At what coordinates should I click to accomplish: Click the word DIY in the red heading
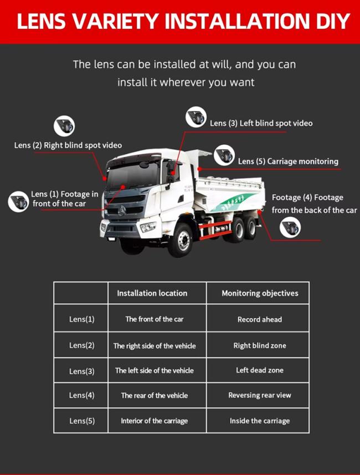[x=328, y=21]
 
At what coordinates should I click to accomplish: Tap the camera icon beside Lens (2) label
[x=64, y=126]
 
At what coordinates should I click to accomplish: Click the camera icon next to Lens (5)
[x=224, y=156]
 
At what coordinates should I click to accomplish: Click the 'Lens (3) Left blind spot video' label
[x=261, y=123]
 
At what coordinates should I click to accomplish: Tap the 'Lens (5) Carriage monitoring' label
[x=288, y=161]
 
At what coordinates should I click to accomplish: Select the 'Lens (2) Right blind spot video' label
[x=68, y=145]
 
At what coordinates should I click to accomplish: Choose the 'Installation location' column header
[x=152, y=293]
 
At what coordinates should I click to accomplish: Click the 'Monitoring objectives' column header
[x=260, y=293]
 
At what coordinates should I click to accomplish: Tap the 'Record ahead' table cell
[x=260, y=319]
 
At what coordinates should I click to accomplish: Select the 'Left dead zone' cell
[x=260, y=370]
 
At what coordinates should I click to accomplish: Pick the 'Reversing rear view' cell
[x=260, y=395]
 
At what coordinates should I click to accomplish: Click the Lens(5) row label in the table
[x=81, y=421]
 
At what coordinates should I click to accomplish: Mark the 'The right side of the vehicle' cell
[x=155, y=346]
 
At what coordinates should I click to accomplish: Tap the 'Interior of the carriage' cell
[x=155, y=421]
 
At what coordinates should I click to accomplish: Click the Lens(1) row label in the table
[x=81, y=319]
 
